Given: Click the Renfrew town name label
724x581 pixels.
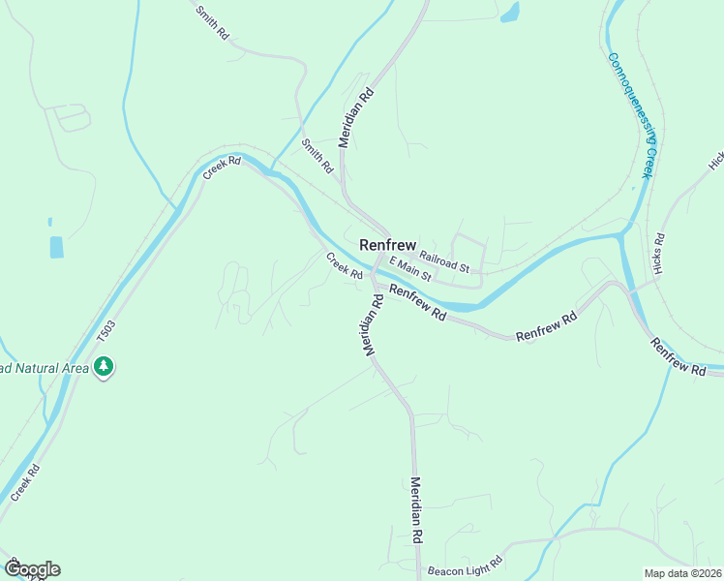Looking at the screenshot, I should [387, 245].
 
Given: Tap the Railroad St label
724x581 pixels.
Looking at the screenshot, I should [444, 260].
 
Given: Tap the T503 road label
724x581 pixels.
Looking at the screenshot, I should [106, 332].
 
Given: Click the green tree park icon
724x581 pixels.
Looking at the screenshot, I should [103, 367].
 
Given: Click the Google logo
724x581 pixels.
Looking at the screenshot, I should [31, 568].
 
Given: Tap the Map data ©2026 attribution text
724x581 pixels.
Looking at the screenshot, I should [682, 572].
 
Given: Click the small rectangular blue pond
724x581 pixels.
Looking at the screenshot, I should [56, 247].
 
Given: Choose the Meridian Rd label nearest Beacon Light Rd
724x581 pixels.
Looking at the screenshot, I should [417, 508].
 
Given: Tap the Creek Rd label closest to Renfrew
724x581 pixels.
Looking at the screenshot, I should [345, 265].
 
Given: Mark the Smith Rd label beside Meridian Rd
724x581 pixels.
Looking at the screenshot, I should [317, 155].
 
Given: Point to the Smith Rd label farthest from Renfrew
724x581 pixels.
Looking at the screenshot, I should [213, 22].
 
